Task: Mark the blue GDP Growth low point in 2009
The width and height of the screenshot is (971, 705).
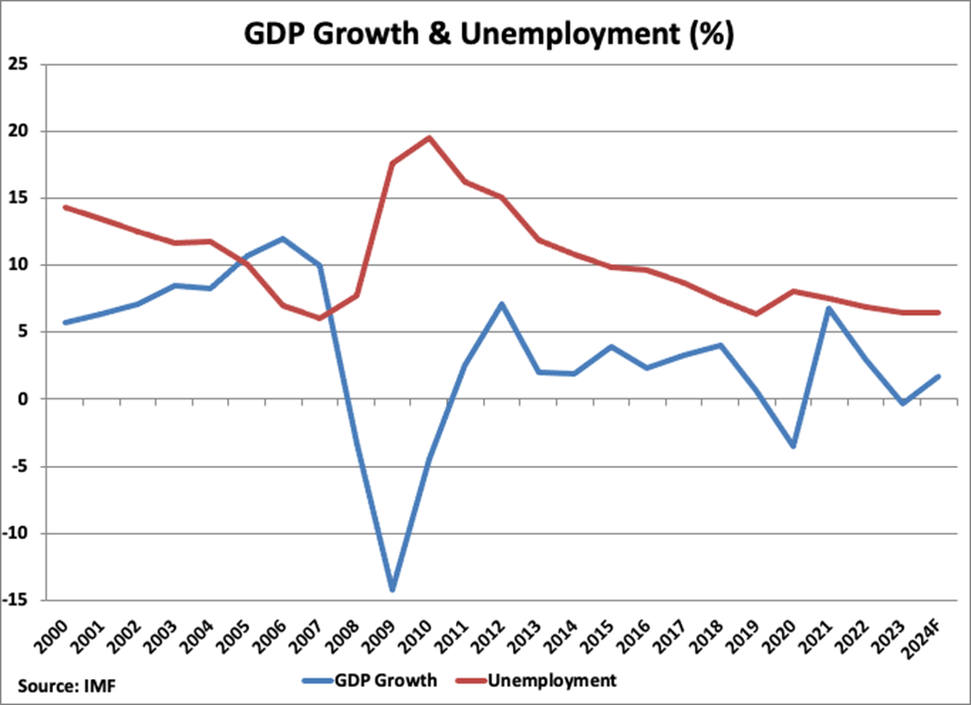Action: [x=392, y=590]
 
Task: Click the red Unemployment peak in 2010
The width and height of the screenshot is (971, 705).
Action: [x=429, y=137]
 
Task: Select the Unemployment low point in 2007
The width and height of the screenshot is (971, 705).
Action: [x=320, y=319]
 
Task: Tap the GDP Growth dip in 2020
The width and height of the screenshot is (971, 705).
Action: [x=793, y=446]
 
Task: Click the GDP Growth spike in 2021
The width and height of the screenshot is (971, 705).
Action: [x=829, y=308]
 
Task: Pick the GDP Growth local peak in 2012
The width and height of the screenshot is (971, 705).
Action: [x=502, y=304]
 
